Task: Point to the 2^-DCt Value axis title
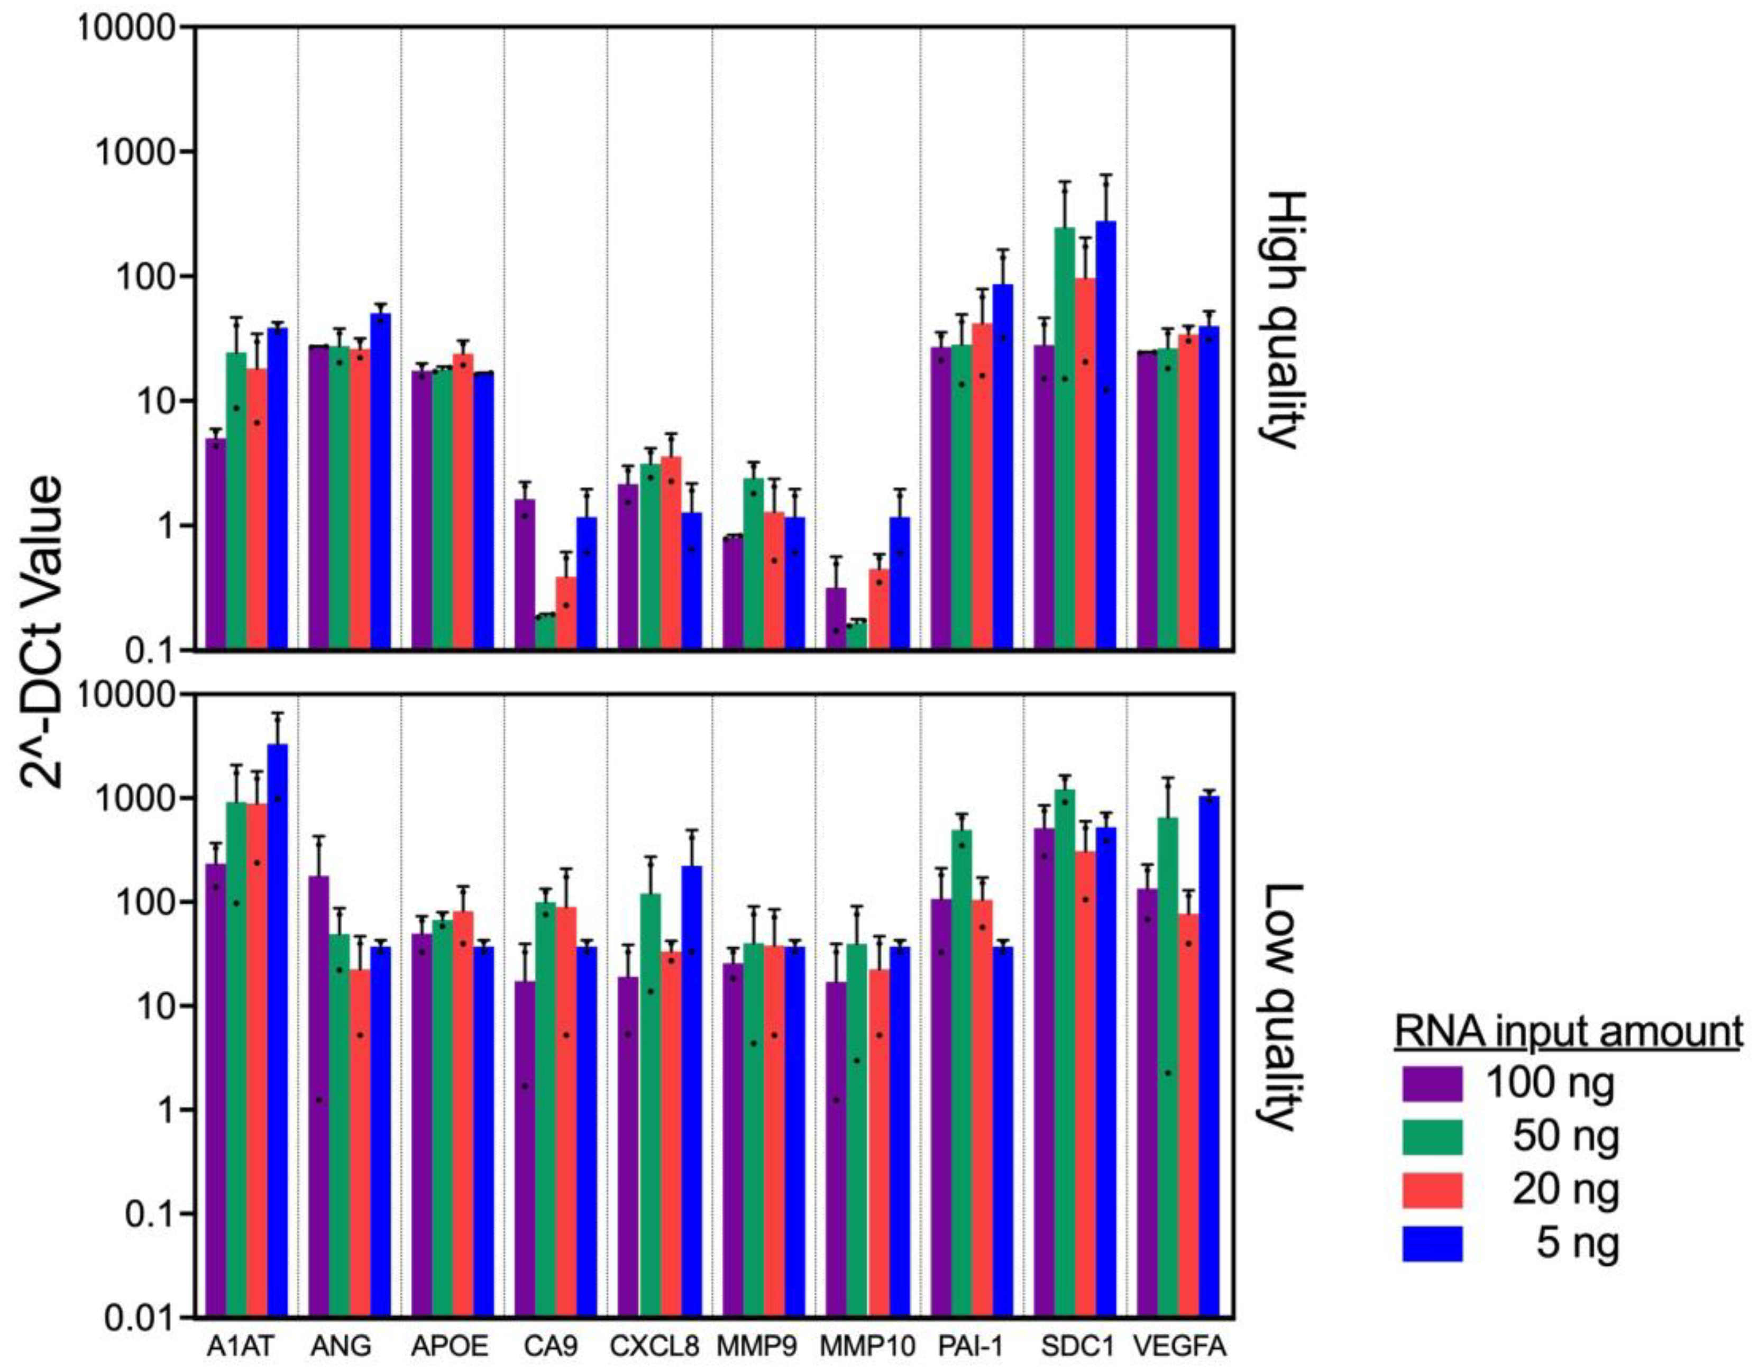click(x=42, y=632)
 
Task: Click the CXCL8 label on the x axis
click(x=654, y=1345)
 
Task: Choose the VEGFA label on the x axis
click(x=1179, y=1345)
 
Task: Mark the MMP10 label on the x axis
click(x=867, y=1345)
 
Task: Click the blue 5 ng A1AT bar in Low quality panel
click(x=278, y=1030)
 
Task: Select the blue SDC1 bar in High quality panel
click(x=1106, y=435)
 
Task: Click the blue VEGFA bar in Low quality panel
click(x=1209, y=1054)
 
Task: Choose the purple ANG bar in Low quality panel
click(x=319, y=1095)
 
